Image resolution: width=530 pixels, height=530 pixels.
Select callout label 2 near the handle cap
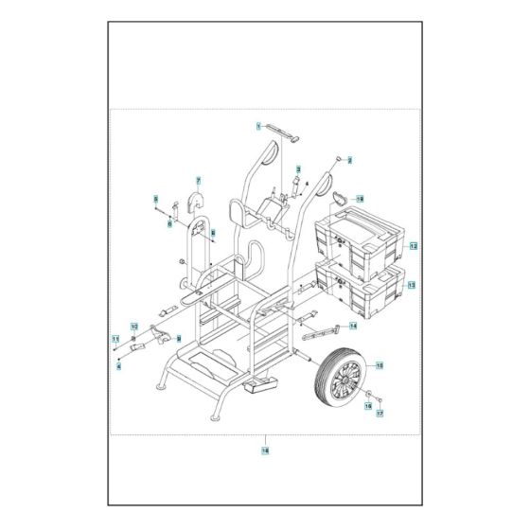(348, 161)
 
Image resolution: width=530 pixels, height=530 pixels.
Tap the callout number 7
(199, 180)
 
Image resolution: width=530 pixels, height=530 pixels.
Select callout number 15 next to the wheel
(380, 364)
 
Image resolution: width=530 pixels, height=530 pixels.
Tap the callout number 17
(380, 414)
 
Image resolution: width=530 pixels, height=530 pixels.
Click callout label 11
(115, 339)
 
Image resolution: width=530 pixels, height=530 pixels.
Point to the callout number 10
(133, 327)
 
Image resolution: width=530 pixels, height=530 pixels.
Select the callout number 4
(118, 366)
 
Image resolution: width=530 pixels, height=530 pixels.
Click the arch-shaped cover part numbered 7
(199, 202)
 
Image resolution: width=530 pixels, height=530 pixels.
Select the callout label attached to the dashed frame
(264, 452)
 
